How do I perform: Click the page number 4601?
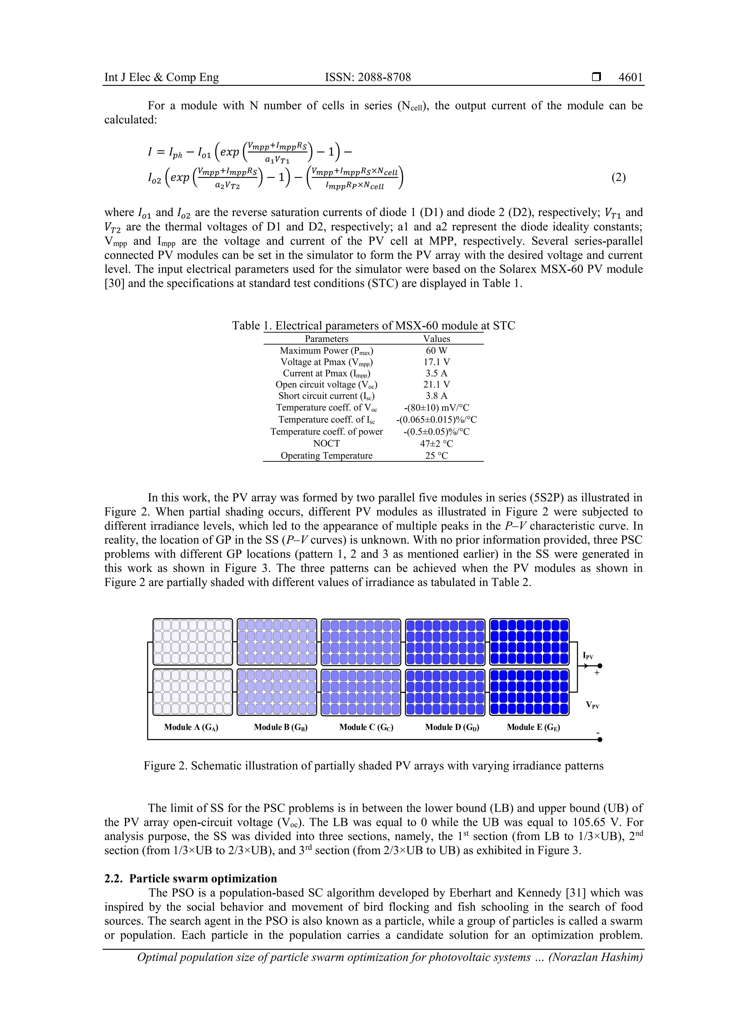point(630,77)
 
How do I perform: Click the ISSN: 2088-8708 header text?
point(367,77)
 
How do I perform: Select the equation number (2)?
point(618,177)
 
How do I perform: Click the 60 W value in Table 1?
point(436,351)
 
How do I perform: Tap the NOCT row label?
point(327,443)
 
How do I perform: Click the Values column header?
point(436,339)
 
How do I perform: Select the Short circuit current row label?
point(327,396)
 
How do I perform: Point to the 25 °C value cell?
point(436,455)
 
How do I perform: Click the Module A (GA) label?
point(191,727)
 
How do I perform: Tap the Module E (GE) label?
point(534,727)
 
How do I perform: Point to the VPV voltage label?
point(592,705)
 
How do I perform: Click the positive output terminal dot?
point(600,666)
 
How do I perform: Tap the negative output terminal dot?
point(600,739)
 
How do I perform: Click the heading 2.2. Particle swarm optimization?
point(191,879)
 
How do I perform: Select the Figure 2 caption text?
point(373,766)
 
